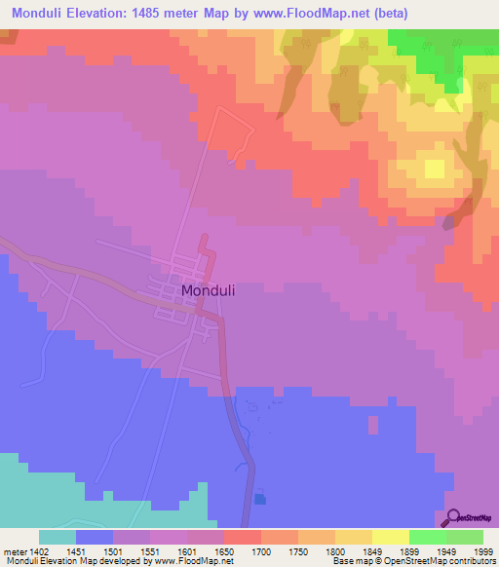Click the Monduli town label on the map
pyautogui.click(x=208, y=290)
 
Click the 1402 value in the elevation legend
pyautogui.click(x=38, y=550)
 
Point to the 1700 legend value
pyautogui.click(x=260, y=550)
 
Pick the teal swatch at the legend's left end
pyautogui.click(x=58, y=537)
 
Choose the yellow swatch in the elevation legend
pyautogui.click(x=390, y=537)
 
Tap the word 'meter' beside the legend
pyautogui.click(x=14, y=550)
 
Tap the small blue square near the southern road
pyautogui.click(x=259, y=499)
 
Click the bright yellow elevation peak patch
pyautogui.click(x=434, y=169)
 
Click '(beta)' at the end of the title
pyautogui.click(x=388, y=13)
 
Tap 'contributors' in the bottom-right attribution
pyautogui.click(x=471, y=561)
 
